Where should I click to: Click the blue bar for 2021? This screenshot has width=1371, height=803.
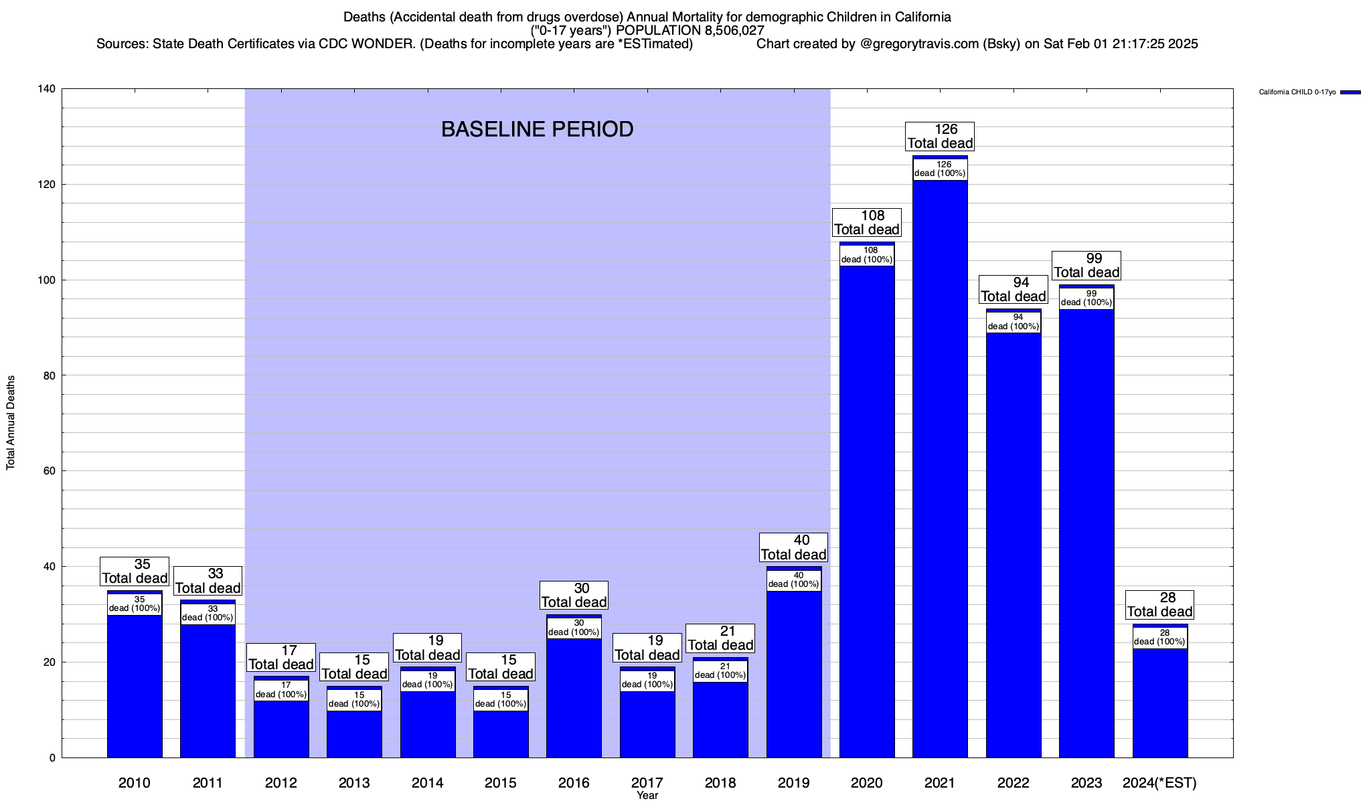pos(940,468)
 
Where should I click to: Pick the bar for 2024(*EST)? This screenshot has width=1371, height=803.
pos(1160,703)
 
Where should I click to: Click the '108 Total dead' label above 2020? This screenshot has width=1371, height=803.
pos(867,223)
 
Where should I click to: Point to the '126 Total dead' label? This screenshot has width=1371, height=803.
pos(940,137)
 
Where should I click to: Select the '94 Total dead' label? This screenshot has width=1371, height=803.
pos(1014,290)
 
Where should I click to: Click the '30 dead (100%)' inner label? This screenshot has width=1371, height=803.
pos(574,628)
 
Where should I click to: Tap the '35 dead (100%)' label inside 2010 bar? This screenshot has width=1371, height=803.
pos(135,604)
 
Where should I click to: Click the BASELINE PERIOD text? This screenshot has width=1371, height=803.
pos(537,129)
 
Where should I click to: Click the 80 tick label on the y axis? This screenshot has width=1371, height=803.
pos(50,375)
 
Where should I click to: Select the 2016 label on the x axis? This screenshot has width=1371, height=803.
pos(574,783)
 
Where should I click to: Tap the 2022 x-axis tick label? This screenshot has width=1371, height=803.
pos(1014,783)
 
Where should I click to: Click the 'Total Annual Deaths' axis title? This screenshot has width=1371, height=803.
pos(11,422)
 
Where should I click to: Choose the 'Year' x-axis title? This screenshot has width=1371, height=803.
pos(647,796)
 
